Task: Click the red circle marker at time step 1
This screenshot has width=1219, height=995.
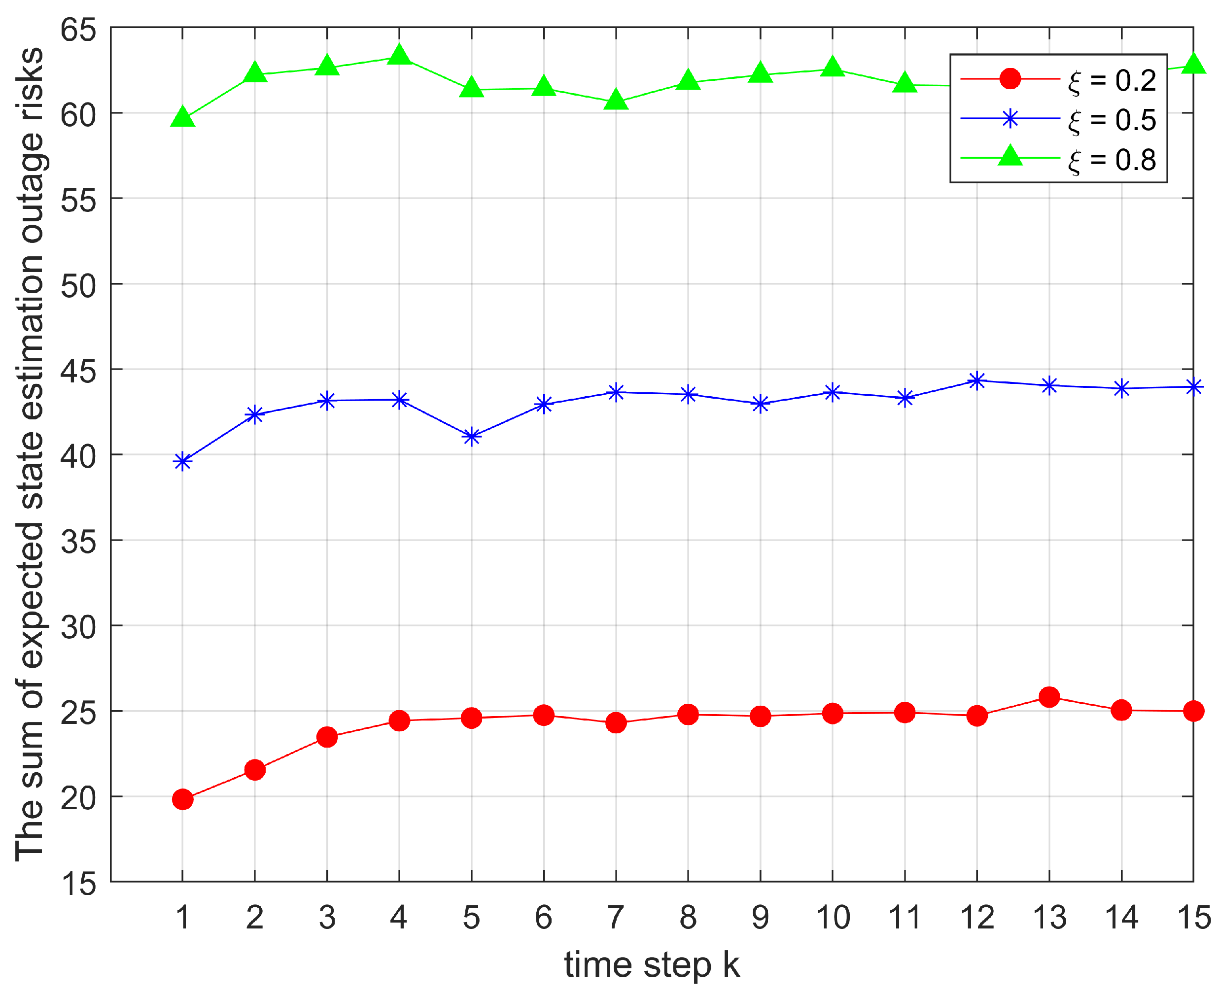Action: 182,799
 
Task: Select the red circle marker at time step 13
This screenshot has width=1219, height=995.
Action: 1049,697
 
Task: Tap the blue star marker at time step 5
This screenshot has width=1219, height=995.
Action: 471,437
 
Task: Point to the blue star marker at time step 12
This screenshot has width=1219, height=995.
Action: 977,380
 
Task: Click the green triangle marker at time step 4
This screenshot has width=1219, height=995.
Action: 399,56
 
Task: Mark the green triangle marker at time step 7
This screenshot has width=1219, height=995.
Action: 616,101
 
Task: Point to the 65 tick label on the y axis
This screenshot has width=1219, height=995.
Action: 78,29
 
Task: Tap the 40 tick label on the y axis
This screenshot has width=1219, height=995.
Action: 78,456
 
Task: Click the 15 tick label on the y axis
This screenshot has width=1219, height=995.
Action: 78,883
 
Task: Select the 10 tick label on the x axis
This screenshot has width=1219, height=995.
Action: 833,918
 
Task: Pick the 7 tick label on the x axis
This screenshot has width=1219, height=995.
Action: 616,918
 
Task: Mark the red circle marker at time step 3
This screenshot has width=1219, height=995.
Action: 327,737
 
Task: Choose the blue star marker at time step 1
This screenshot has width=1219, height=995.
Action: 182,462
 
